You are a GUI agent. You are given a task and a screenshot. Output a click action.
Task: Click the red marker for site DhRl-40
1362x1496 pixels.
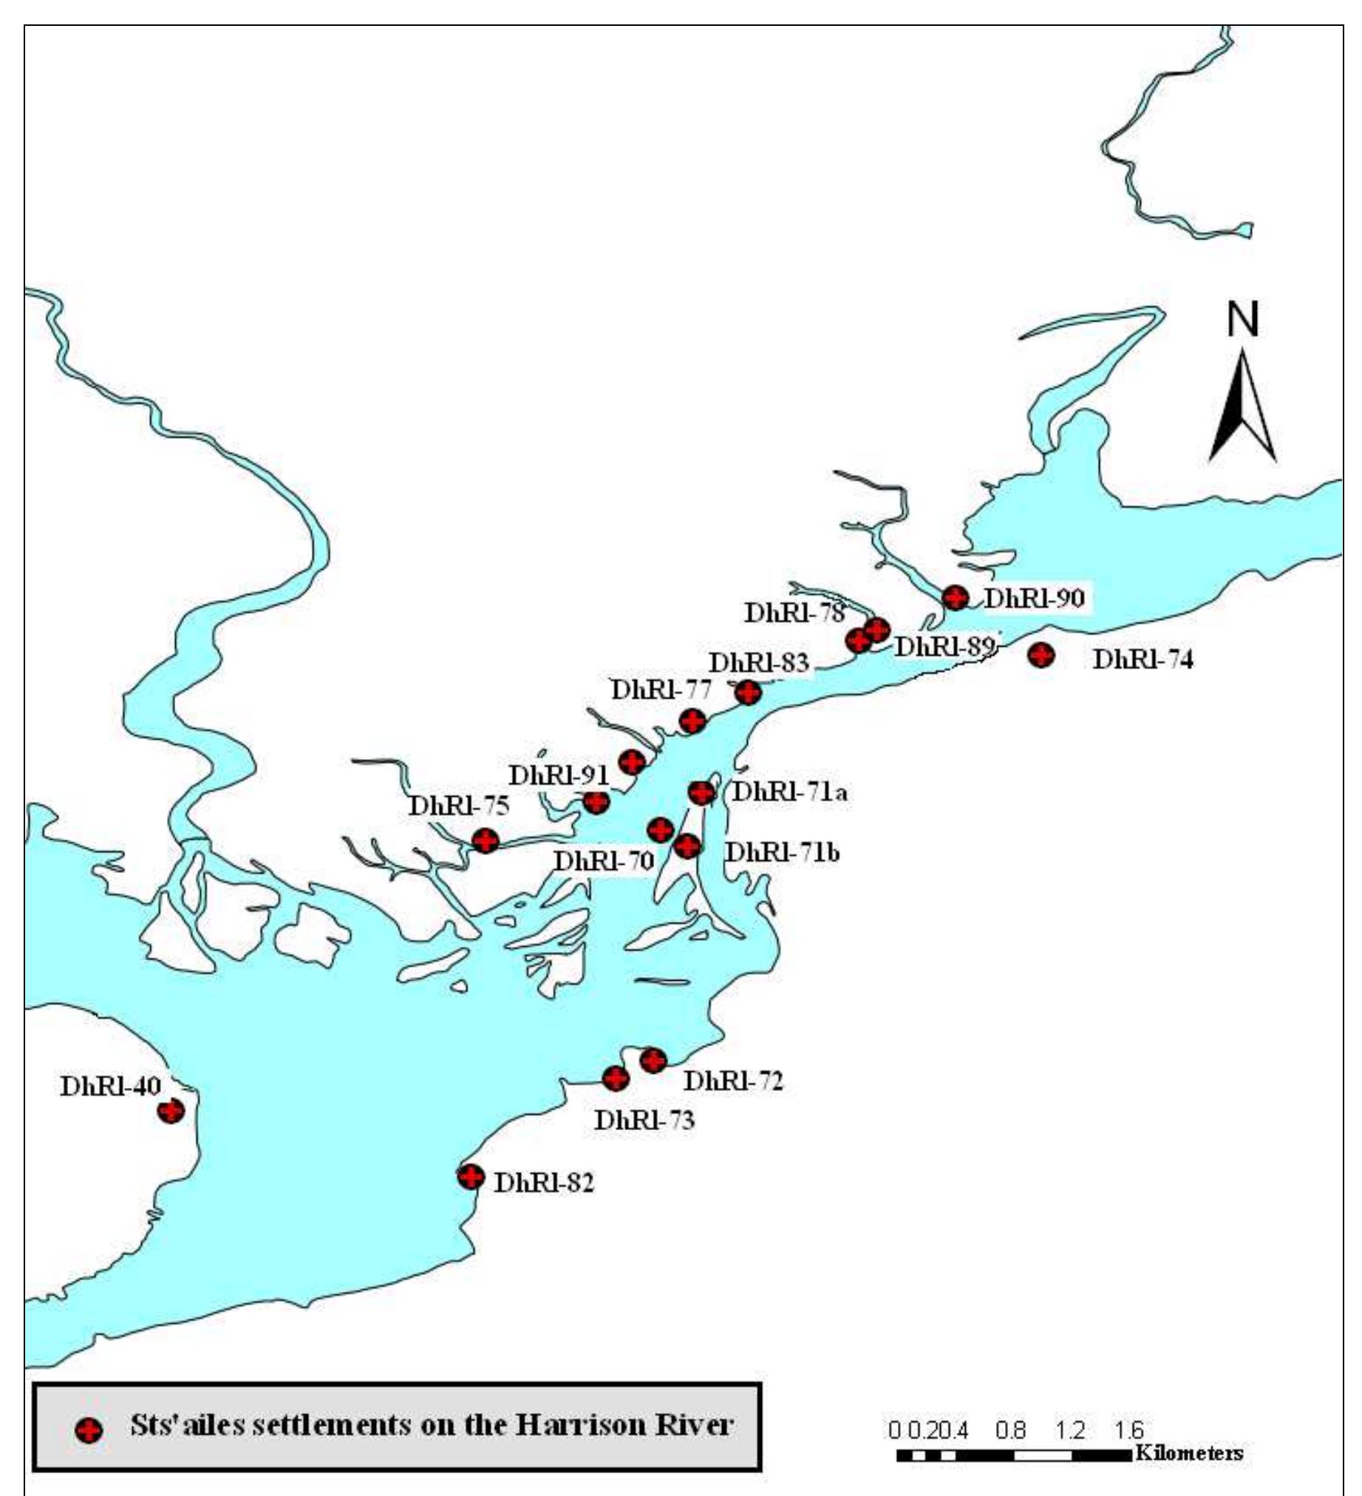pos(171,1111)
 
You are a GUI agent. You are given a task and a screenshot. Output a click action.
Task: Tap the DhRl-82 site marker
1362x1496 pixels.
pos(471,1176)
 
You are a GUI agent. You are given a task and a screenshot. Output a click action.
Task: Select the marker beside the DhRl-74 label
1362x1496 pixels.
pos(1041,655)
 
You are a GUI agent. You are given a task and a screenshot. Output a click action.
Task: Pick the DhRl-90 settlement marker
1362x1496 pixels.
pos(956,596)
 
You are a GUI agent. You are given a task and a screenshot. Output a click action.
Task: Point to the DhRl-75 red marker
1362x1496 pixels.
pos(485,840)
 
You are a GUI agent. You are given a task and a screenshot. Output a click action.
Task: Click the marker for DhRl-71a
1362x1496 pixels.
pos(701,792)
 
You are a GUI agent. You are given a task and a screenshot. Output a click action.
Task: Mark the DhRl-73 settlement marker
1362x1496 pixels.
pos(616,1078)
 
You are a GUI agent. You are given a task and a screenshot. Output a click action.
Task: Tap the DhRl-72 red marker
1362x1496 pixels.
pos(653,1061)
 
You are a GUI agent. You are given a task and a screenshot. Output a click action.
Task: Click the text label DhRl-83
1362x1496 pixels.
pos(758,663)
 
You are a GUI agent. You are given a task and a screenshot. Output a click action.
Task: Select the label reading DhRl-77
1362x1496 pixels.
pos(661,690)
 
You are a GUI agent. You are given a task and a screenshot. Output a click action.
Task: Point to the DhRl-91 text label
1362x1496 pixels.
pos(558,775)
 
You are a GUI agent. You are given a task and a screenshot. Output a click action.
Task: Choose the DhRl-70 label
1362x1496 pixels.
pos(604,861)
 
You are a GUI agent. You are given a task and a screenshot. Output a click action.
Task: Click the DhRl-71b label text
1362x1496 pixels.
pos(782,853)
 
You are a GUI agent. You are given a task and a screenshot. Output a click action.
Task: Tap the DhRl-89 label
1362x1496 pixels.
pos(944,646)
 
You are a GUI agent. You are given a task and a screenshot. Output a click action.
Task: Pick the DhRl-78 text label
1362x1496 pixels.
pos(794,613)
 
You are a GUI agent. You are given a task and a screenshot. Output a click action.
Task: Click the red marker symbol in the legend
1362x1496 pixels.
pos(89,1430)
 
